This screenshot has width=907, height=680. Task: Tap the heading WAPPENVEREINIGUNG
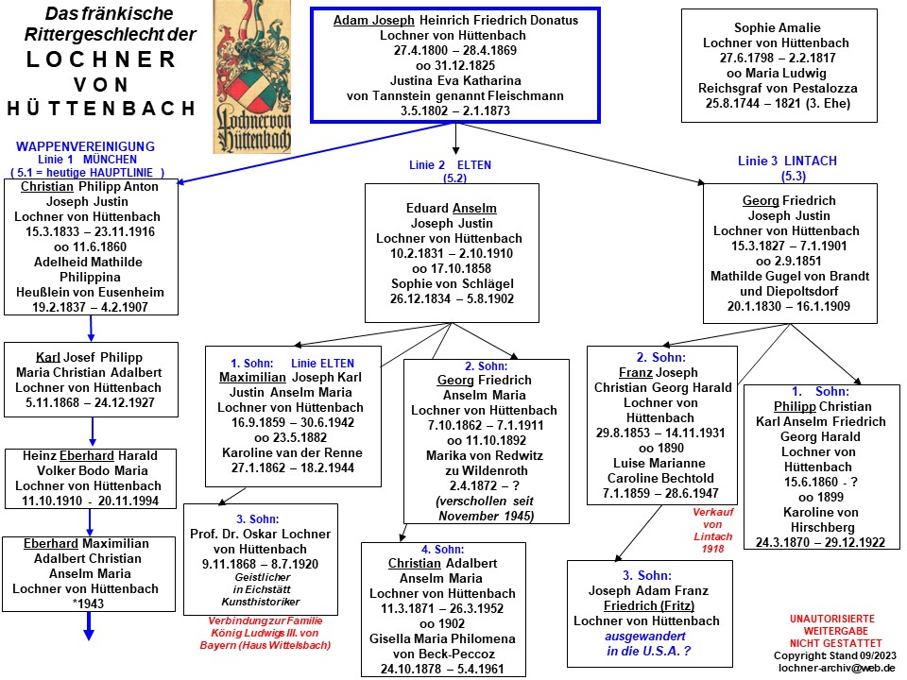[x=85, y=146]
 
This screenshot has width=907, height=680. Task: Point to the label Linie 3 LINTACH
[x=787, y=161]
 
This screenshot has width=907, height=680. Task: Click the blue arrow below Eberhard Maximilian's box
[x=89, y=627]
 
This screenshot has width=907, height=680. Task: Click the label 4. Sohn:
[x=440, y=549]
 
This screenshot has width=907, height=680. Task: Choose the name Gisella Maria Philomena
[x=441, y=638]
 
